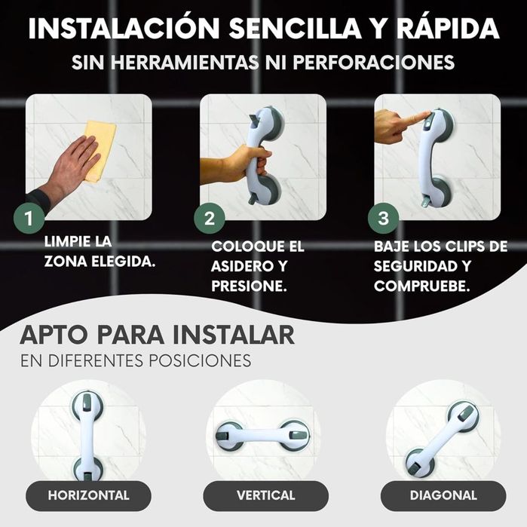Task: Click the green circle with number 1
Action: pos(29,218)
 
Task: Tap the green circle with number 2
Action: pos(209,218)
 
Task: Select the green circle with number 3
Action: pos(383,218)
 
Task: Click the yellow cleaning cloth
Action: pos(100,152)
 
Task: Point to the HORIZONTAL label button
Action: pos(88,495)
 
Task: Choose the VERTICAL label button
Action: pos(265,495)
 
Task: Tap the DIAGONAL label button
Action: pos(443,495)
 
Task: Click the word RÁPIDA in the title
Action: pos(448,28)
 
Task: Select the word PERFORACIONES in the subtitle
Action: pos(373,62)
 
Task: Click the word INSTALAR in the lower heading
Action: pos(234,335)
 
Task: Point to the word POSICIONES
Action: pos(200,360)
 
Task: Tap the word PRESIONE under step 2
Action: pos(249,286)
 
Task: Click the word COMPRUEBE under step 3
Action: pos(421,286)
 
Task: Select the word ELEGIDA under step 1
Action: pos(124,262)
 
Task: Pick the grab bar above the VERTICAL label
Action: pos(263,436)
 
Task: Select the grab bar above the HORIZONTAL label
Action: pos(87,436)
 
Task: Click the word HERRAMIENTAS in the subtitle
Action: pos(185,62)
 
